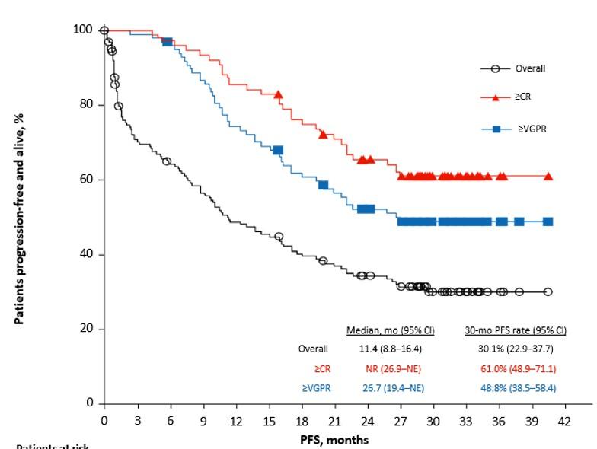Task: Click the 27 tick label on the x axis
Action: [x=401, y=419]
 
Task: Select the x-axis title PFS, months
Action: [x=335, y=439]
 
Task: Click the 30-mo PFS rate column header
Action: [x=516, y=330]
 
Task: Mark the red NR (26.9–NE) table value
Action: [x=389, y=368]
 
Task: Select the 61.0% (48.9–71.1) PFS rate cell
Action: [x=516, y=368]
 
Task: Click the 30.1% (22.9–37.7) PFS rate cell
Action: [x=516, y=349]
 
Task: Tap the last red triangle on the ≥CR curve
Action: [x=548, y=176]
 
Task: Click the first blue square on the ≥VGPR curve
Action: [x=168, y=41]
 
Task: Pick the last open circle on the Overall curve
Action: [x=548, y=291]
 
